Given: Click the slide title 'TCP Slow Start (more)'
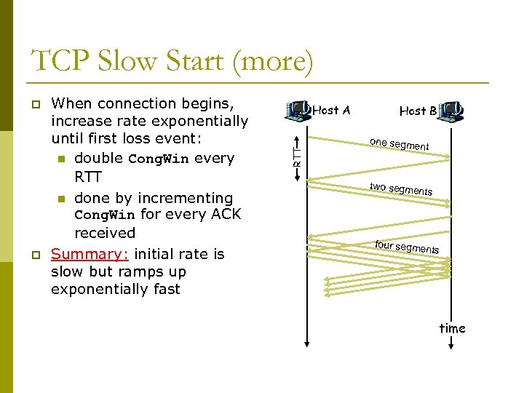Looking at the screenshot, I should pyautogui.click(x=173, y=61).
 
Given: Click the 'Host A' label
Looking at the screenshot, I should pyautogui.click(x=331, y=111).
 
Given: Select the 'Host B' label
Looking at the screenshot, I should pyautogui.click(x=418, y=111).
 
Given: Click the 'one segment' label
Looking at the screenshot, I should pyautogui.click(x=399, y=144).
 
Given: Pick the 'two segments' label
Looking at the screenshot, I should pyautogui.click(x=400, y=188).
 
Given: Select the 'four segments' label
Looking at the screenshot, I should pyautogui.click(x=406, y=247).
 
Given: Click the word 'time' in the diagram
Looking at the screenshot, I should pyautogui.click(x=452, y=328).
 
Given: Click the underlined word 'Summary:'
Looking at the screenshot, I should pyautogui.click(x=90, y=254).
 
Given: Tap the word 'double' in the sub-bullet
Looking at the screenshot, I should pyautogui.click(x=98, y=159).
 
